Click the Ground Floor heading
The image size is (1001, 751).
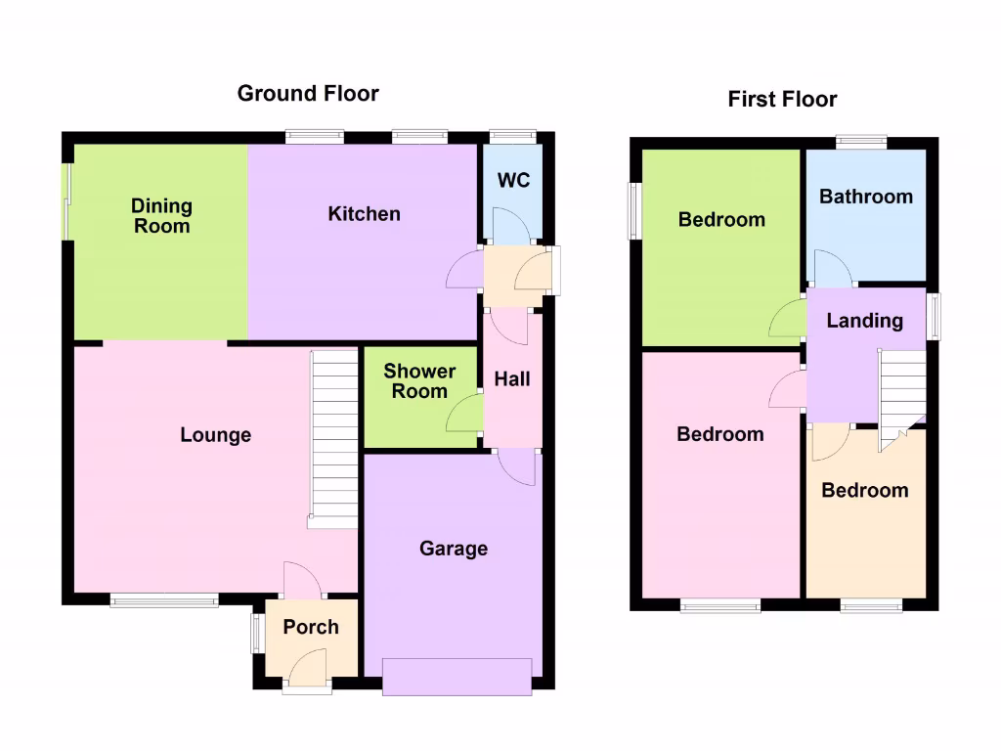(308, 94)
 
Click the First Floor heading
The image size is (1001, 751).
(782, 99)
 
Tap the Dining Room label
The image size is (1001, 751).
(162, 216)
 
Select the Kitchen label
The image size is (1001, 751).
(364, 214)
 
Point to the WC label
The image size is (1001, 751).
(513, 181)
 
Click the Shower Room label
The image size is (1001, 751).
(419, 381)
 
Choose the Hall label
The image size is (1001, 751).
(512, 378)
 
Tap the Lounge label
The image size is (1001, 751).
(215, 435)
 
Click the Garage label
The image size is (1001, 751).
(454, 549)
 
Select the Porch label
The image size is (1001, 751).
(311, 628)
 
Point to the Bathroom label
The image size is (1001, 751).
(866, 197)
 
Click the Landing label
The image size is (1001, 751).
(864, 321)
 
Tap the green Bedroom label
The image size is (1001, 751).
(721, 220)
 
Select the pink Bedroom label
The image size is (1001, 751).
(720, 434)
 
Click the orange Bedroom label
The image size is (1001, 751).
(864, 491)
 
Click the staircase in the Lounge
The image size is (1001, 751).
(334, 438)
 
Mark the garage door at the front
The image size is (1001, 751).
(457, 677)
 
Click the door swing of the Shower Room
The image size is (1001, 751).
(465, 413)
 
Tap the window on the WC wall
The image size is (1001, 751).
(513, 137)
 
